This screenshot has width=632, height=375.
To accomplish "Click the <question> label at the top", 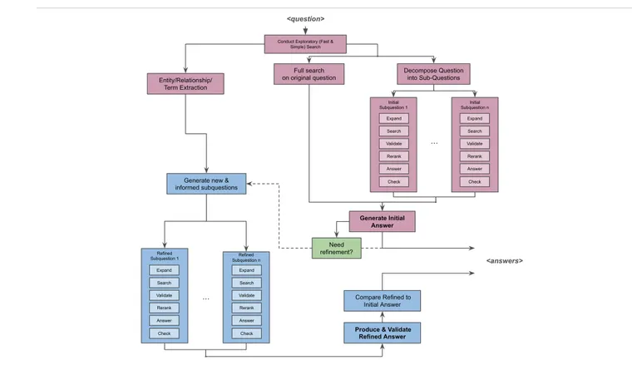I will [x=305, y=19].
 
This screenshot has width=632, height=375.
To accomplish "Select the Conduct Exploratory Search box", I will [x=305, y=42].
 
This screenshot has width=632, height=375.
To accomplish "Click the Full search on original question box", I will [x=309, y=74].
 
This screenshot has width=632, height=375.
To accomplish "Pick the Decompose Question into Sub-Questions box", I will [x=432, y=74].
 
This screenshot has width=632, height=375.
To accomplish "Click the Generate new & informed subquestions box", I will [x=205, y=183].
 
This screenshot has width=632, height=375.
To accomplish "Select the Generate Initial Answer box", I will [x=382, y=221].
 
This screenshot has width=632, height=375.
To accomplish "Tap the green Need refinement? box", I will [x=338, y=247].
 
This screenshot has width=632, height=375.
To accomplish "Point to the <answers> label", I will [x=504, y=261].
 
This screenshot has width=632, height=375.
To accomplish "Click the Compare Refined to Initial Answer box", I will [x=383, y=299].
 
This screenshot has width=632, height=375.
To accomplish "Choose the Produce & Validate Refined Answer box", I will [x=383, y=333].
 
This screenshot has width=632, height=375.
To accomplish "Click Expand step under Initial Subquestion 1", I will [x=393, y=119].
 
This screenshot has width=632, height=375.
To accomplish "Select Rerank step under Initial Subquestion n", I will [x=474, y=156].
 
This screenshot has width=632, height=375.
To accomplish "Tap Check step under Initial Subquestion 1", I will [x=393, y=181].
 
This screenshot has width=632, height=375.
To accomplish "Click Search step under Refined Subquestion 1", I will [x=165, y=283].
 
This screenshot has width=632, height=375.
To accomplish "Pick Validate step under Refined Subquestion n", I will [x=246, y=295].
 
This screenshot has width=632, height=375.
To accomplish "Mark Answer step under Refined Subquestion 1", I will [x=165, y=320].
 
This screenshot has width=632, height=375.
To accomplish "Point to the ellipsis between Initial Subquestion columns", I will [x=434, y=143].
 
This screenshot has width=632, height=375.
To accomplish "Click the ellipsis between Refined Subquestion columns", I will [x=205, y=297].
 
